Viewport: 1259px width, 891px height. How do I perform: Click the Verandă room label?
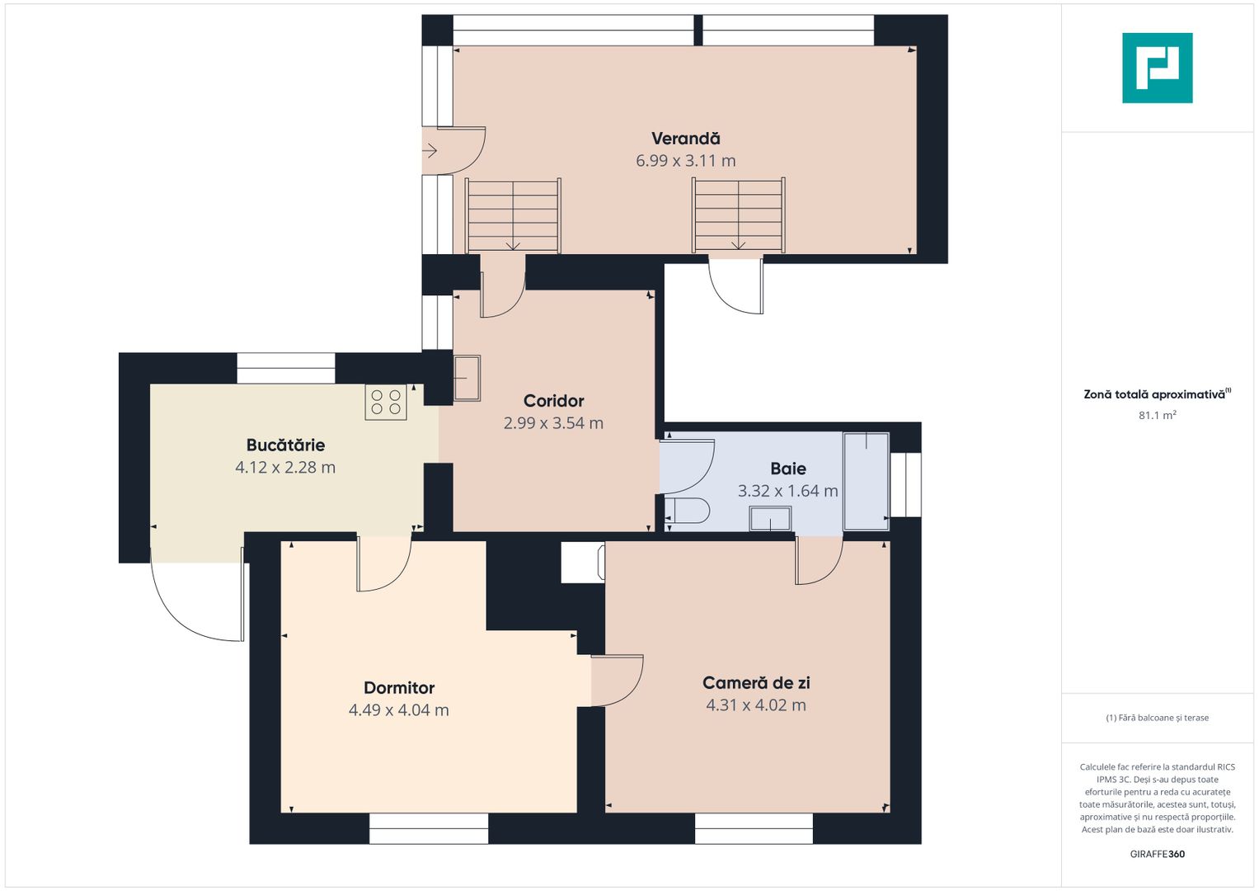686,139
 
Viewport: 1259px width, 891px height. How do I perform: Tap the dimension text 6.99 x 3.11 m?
686,161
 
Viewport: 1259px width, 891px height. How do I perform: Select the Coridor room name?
553,401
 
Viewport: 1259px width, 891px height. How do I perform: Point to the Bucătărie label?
285,445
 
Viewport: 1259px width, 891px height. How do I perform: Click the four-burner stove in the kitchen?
386,403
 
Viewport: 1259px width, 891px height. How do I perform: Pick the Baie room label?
788,469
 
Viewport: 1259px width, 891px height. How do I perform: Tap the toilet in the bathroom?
687,511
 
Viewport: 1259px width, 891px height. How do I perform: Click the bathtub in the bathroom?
866,481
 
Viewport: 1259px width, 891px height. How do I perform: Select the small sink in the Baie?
770,518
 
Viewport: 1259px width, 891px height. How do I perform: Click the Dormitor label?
399,688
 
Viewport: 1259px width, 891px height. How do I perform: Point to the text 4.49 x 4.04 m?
399,710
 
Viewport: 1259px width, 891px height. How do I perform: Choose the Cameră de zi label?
756,683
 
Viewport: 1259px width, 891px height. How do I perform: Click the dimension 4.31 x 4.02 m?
756,705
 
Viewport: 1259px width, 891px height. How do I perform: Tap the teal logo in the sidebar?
1158,68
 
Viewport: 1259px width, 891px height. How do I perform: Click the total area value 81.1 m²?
1158,415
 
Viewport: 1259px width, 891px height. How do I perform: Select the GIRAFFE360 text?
1158,854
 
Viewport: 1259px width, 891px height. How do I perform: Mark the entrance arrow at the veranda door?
430,151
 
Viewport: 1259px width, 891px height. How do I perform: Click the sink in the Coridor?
467,378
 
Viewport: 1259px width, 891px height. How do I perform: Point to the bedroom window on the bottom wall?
428,828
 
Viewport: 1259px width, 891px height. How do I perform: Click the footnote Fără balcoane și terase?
1158,718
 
